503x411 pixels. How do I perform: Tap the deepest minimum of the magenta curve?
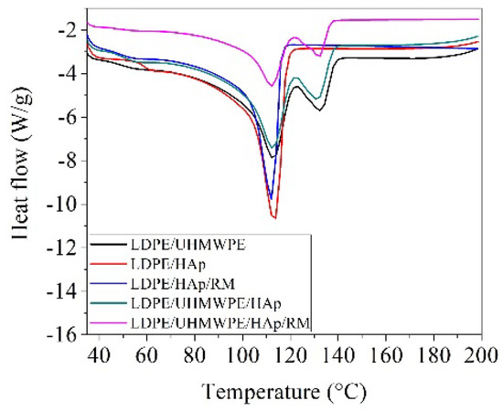[271, 86]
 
